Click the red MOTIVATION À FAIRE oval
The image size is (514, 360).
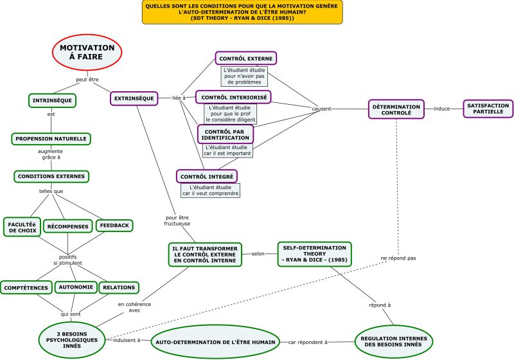(x=87, y=53)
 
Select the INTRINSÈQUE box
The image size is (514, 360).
(x=52, y=100)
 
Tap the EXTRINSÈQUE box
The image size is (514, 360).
(x=134, y=98)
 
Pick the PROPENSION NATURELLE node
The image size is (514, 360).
(x=51, y=139)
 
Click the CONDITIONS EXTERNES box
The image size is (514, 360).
(x=51, y=176)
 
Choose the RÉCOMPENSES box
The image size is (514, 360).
(x=68, y=226)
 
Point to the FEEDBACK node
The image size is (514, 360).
(x=114, y=226)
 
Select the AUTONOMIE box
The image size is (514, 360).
(x=76, y=287)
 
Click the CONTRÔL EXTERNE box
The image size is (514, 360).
(x=246, y=59)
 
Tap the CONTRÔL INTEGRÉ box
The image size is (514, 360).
(x=207, y=176)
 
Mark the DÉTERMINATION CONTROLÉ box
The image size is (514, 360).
(x=396, y=109)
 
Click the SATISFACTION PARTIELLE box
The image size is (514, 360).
(x=488, y=109)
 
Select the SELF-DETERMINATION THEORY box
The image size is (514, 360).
(x=314, y=254)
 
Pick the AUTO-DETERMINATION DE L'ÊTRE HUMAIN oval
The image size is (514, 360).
(x=215, y=342)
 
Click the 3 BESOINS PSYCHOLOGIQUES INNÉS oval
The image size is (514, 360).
(x=72, y=339)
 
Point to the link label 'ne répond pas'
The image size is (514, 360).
(x=398, y=258)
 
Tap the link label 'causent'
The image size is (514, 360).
(x=321, y=109)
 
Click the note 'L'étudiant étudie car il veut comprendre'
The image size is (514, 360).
(x=211, y=190)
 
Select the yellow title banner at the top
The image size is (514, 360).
(x=242, y=12)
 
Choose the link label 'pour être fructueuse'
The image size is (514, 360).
(x=177, y=221)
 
